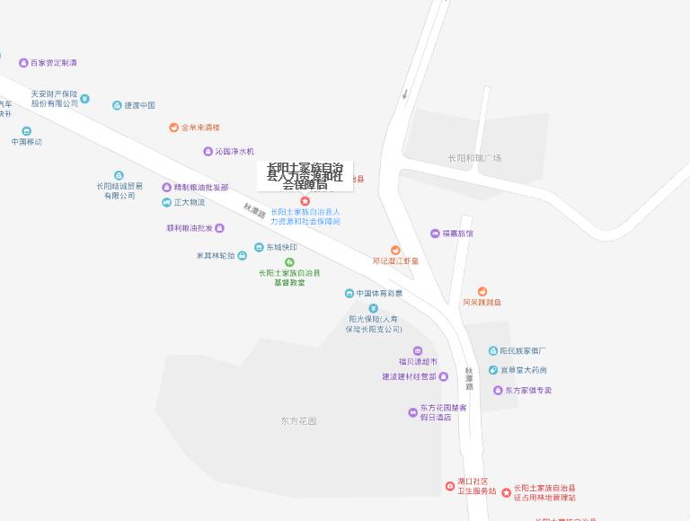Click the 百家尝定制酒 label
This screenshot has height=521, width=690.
pos(54,63)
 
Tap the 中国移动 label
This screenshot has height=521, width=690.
pos(27,142)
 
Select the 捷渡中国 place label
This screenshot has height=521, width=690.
pos(139,105)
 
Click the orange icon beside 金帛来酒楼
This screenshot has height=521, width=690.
pos(173,128)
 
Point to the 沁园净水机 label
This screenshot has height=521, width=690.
pos(234,151)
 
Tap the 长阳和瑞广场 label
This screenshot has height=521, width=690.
pos(474,158)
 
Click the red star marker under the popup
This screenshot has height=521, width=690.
pos(305,201)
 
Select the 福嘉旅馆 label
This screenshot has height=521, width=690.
pos(457,234)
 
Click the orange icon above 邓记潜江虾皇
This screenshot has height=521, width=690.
pos(395,251)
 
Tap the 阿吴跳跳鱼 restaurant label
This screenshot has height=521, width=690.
pos(482,303)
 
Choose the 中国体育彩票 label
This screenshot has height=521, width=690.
pos(379,294)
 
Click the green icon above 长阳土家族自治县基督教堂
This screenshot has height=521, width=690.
pos(289,262)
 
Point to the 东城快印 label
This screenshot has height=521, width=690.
pos(281,247)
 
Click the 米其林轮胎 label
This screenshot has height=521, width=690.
pos(216,255)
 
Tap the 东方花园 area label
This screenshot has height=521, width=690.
pos(298,420)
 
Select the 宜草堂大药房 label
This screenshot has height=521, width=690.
pos(524,370)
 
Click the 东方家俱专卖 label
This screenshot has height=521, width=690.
pos(528,391)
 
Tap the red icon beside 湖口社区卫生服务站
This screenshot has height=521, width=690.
pos(450,486)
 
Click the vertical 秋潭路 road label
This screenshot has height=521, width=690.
pos(468,376)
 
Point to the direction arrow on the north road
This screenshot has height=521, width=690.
pos(405,93)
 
